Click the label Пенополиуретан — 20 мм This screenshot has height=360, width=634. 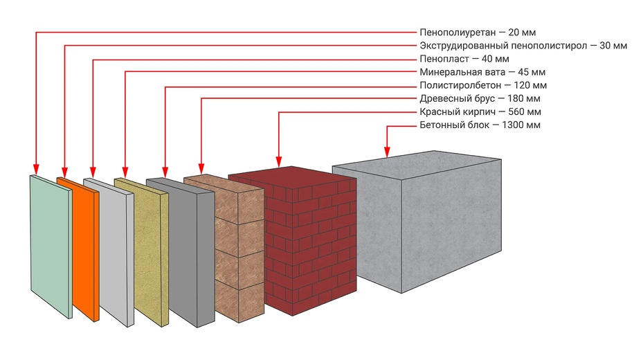tap(478, 33)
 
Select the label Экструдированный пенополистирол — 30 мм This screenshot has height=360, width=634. tap(523, 46)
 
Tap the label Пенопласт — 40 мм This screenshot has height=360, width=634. tap(464, 59)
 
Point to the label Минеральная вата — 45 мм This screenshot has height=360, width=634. tap(482, 72)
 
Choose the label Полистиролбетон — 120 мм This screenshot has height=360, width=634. tap(483, 85)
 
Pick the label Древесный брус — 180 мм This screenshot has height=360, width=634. tap(480, 99)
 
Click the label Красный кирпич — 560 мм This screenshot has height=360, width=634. tap(480, 111)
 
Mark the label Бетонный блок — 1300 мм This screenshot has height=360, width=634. tap(480, 125)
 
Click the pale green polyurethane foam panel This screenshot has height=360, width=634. tap(51, 246)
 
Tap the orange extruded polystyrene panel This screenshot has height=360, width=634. tap(79, 249)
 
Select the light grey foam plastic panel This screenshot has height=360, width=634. tap(109, 251)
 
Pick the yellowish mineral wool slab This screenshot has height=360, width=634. tap(143, 252)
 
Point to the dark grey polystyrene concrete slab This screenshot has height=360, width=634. tap(181, 253)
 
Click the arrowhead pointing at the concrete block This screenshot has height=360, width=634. tap(387, 152)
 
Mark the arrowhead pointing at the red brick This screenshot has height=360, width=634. tap(279, 162)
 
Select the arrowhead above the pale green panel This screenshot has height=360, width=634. tap(36, 169)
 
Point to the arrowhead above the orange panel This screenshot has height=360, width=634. tap(64, 172)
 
